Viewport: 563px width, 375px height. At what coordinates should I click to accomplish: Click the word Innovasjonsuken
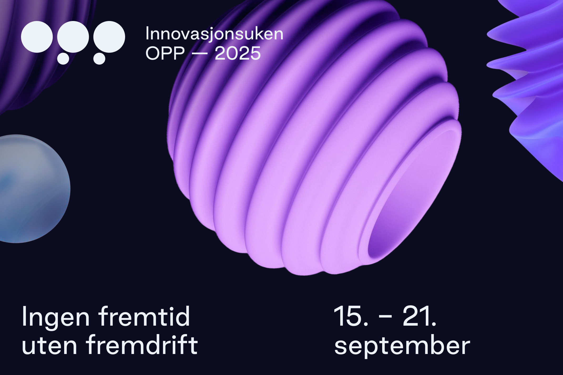[214, 34]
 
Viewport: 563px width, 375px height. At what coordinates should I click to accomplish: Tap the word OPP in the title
[165, 53]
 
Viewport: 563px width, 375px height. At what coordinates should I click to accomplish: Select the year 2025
[238, 53]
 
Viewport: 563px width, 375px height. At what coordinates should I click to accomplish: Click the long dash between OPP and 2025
[200, 54]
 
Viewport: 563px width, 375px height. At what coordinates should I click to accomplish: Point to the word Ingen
[56, 317]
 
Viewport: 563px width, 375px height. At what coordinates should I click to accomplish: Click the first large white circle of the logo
[37, 37]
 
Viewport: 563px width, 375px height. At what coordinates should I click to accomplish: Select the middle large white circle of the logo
[73, 37]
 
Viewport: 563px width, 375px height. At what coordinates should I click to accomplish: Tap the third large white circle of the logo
[109, 37]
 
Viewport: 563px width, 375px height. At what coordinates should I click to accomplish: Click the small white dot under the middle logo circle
[63, 58]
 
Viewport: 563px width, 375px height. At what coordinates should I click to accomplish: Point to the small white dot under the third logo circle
[99, 58]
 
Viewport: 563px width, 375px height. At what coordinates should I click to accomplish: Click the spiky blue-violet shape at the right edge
[531, 79]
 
